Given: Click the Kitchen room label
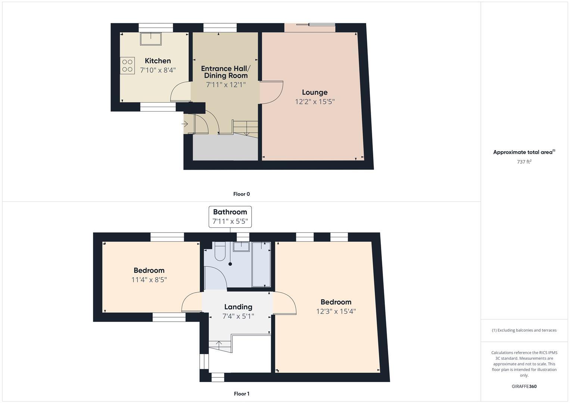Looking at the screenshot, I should tap(158, 61).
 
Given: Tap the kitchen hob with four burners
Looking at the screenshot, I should tap(127, 66).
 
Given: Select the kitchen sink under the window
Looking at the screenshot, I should tap(150, 39).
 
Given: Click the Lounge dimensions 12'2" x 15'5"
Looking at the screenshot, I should tap(315, 101).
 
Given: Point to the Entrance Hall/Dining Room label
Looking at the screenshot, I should tap(226, 72).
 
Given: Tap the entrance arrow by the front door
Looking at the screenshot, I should tap(184, 124).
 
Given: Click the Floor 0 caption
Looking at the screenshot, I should tap(242, 194).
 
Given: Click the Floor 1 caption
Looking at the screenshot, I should tap(242, 394).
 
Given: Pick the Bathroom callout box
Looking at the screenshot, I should tap(230, 217).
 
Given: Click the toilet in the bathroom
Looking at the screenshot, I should tap(220, 251).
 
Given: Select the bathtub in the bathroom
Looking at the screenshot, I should tap(261, 264).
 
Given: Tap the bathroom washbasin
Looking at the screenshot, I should tap(242, 247).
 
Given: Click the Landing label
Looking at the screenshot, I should tap(238, 307).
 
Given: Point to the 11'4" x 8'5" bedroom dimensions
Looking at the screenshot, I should tap(149, 279).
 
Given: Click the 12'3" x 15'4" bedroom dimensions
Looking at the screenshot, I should tap(336, 311).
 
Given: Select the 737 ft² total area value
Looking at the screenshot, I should tap(524, 162).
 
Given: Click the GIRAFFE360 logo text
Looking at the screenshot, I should tap(524, 386).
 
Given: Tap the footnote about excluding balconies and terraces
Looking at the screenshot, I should tap(524, 330).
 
